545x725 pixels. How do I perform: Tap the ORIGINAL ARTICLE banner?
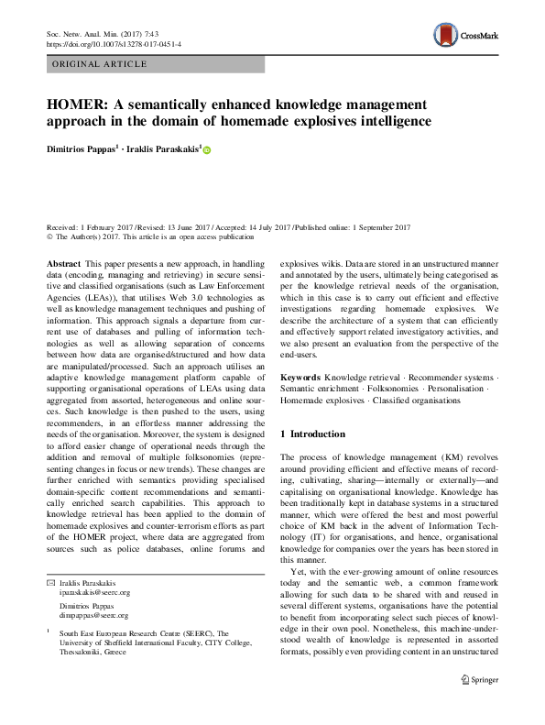coord(100,64)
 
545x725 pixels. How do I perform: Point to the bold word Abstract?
coord(61,263)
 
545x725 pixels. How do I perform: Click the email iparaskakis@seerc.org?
coord(95,568)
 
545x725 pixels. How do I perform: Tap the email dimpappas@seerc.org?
coord(93,590)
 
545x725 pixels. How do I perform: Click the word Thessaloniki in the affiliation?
coord(83,639)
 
